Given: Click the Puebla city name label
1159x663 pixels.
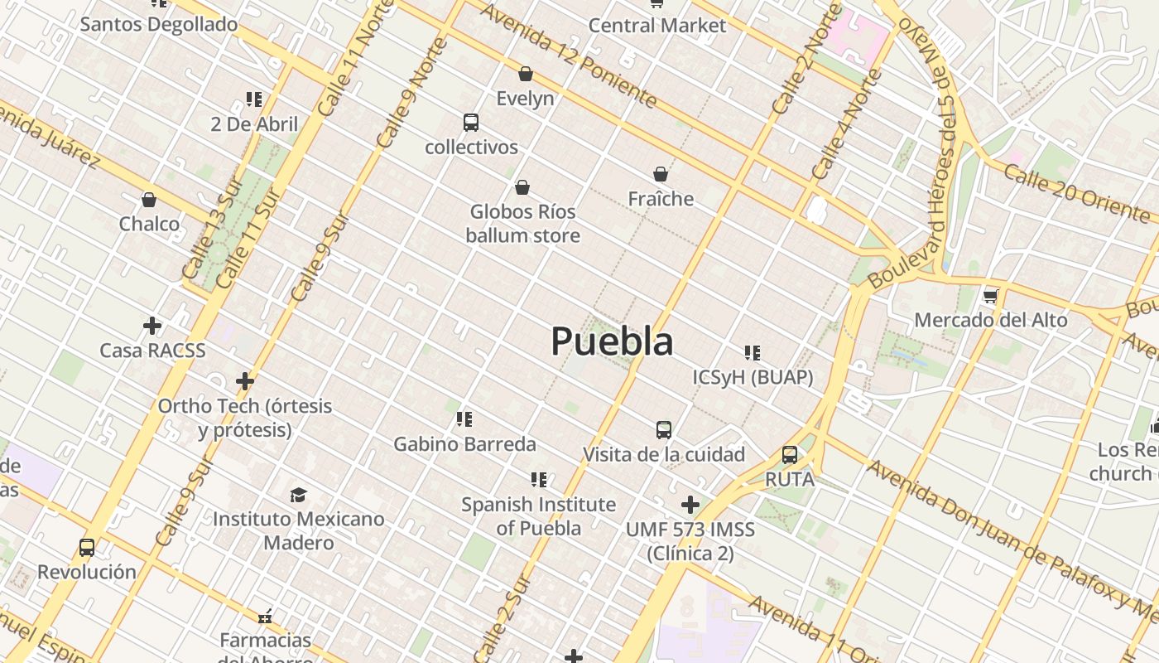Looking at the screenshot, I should coord(612,341).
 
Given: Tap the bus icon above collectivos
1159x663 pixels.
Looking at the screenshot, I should coord(471,123).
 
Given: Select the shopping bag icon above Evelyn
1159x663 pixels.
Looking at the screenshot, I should coord(525,74).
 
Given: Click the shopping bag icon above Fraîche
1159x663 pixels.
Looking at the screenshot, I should coord(661,174).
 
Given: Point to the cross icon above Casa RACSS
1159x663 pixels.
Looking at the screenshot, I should coord(152,326).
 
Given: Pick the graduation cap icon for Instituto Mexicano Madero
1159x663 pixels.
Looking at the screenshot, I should coord(298,495).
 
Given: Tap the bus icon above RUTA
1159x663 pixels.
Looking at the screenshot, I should coord(790,455).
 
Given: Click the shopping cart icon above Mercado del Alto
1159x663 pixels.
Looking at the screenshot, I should coord(990,296).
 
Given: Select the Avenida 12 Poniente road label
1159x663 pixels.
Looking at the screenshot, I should coord(568,56).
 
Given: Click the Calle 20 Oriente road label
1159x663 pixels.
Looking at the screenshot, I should coord(1076,191).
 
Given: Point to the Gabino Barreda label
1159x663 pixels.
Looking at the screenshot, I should coord(464,444).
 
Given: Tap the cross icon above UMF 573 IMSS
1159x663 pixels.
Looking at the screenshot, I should coord(690,505).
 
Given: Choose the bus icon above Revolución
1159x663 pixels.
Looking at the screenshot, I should coord(87,548).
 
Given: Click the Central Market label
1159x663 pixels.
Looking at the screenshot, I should coord(657,26).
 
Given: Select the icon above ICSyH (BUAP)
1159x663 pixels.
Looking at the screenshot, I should coord(752,353).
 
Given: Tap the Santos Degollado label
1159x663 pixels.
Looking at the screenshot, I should coord(159,24).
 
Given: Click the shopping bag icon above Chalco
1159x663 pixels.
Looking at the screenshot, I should coord(149,200).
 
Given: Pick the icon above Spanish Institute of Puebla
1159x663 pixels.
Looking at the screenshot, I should coord(539,480).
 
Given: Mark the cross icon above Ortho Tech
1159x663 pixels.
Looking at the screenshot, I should coord(245,381).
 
